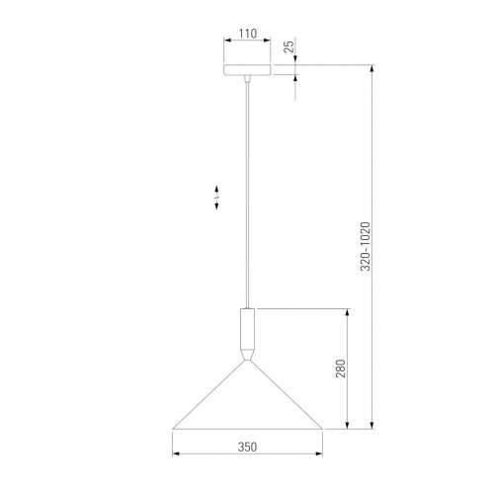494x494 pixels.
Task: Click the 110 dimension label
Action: click(x=248, y=34)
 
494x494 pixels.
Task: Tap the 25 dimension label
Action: click(x=288, y=46)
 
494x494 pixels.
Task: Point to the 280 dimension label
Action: click(x=341, y=369)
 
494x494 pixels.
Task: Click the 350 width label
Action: click(x=247, y=447)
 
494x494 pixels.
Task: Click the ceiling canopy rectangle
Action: click(x=247, y=70)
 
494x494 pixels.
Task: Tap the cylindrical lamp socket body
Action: click(x=247, y=328)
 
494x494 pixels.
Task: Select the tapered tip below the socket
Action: click(x=247, y=355)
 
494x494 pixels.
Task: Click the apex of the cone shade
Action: click(x=247, y=361)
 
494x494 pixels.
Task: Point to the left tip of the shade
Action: click(x=173, y=429)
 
